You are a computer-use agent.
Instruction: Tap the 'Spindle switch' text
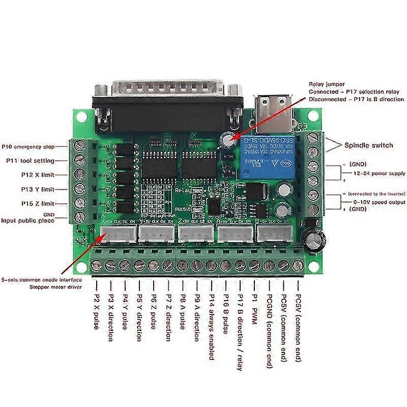[369, 146]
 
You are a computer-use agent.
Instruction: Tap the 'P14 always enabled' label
[211, 326]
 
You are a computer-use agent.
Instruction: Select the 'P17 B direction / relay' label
[241, 331]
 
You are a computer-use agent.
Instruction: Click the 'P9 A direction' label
[197, 317]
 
